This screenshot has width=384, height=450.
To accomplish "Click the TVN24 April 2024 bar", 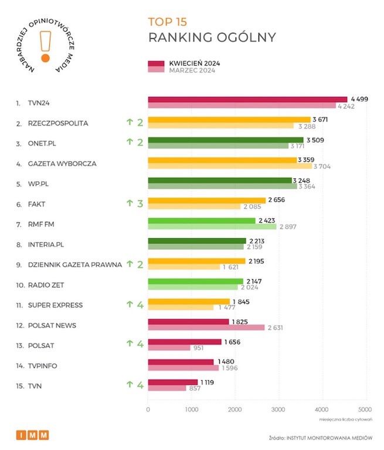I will (x=247, y=99).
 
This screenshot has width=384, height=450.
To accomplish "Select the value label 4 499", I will (x=358, y=99).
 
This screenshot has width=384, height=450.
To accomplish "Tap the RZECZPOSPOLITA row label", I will (x=58, y=123).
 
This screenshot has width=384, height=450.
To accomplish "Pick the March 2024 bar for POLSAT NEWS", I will (x=206, y=328).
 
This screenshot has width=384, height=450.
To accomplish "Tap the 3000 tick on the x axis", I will (x=278, y=410).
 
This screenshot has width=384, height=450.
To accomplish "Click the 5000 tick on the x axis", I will (x=364, y=410).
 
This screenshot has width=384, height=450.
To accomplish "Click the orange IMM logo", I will (x=32, y=435).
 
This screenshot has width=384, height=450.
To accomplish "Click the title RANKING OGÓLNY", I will (x=212, y=38).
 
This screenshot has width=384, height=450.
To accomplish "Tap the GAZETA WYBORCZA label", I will (x=62, y=164).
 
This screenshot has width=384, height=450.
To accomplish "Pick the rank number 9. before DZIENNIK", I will (x=19, y=265).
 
